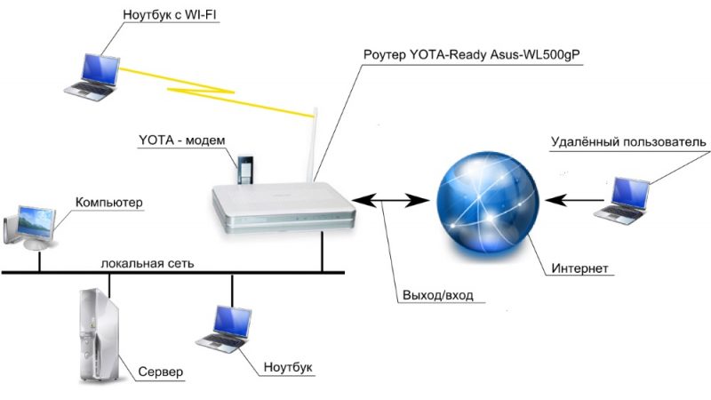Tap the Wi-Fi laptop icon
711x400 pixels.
click(x=95, y=74)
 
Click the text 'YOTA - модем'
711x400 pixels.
click(x=182, y=141)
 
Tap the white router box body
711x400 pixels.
click(x=283, y=209)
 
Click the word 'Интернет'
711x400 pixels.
click(x=582, y=268)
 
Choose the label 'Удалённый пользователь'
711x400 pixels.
click(x=628, y=142)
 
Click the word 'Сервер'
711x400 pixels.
click(x=160, y=371)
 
